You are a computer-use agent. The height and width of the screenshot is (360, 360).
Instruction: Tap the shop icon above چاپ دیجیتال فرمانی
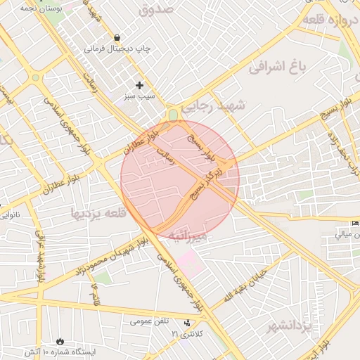(116, 37)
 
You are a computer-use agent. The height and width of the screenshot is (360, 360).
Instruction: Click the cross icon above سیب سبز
(139, 84)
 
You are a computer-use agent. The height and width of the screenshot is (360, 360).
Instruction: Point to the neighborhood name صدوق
(156, 10)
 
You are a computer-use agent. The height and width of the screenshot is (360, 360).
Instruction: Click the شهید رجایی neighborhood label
(214, 108)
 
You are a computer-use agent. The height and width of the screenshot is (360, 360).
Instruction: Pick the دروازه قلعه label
(331, 20)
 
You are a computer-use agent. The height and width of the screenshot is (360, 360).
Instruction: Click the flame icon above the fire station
(59, 341)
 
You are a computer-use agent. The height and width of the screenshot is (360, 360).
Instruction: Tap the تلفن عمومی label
(150, 321)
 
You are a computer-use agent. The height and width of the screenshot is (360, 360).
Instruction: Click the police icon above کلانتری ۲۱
(186, 323)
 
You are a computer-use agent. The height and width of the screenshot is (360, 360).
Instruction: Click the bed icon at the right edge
(354, 224)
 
